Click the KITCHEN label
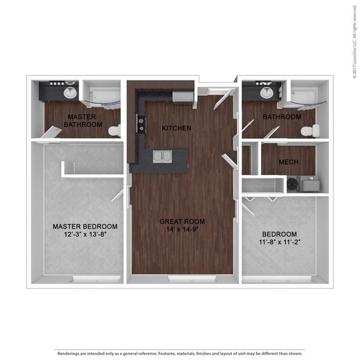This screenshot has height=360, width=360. tap(176, 128)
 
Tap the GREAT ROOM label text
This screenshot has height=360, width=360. tap(182, 222)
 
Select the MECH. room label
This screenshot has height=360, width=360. tap(289, 162)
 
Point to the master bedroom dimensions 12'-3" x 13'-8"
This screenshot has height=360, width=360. tap(85, 234)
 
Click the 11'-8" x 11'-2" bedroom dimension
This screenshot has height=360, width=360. tap(280, 242)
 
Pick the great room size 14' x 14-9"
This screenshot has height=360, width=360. tap(182, 229)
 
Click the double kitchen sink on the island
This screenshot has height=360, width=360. tap(162, 157)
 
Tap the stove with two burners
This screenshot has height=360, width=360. tap(141, 124)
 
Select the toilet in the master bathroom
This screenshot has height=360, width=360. tap(114, 130)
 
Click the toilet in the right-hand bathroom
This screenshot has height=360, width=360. tap(310, 131)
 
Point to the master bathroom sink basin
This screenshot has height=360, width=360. tap(70, 92)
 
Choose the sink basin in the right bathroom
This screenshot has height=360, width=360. tap(267, 92)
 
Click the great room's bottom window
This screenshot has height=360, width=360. tap(192, 279)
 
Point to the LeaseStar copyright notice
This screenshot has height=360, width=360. tap(354, 42)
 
